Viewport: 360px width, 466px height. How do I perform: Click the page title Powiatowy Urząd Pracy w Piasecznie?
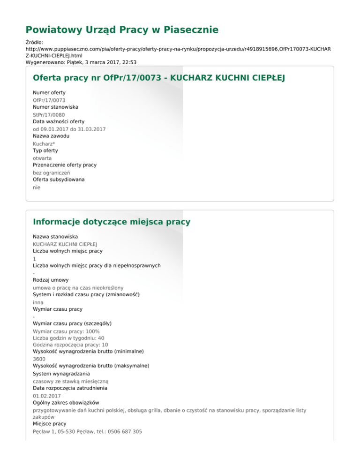(x=122, y=30)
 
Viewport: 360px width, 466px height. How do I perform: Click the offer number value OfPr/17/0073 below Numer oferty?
(x=49, y=100)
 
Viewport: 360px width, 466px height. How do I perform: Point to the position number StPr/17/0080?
(x=49, y=114)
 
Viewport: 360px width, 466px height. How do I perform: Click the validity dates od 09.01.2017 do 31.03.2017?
(x=69, y=129)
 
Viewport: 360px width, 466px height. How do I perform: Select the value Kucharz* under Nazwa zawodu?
(x=44, y=143)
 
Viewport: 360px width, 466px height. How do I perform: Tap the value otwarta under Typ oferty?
(x=42, y=158)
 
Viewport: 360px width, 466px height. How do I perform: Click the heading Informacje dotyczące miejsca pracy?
(x=112, y=221)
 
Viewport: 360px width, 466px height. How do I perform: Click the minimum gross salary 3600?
(x=39, y=359)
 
